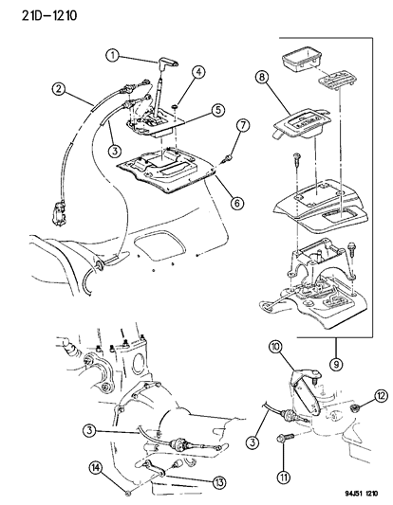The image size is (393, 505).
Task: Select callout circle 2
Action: (59, 89)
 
